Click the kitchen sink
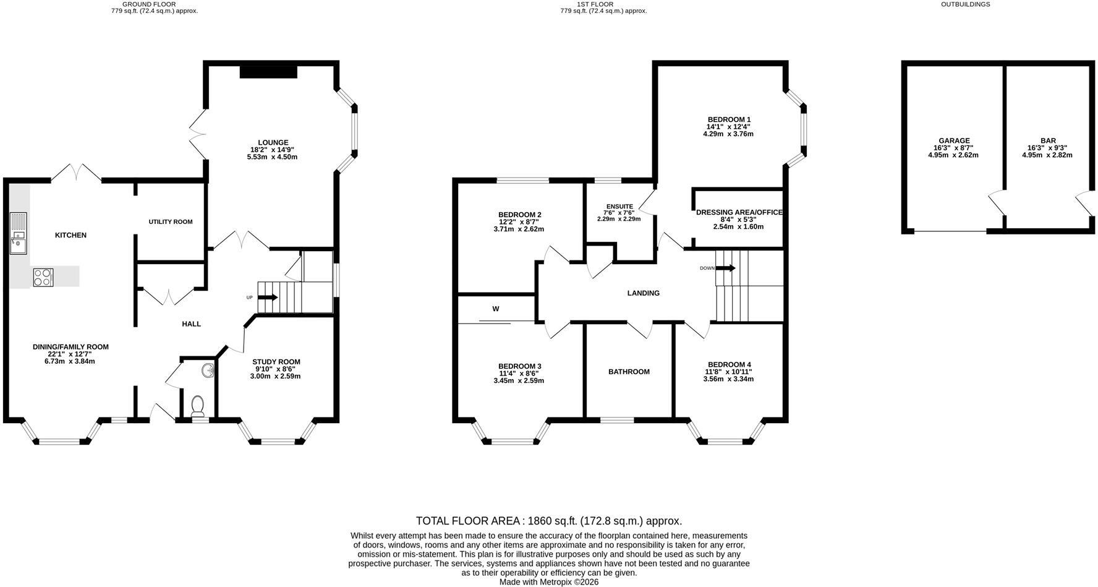click(x=19, y=233)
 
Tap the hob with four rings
click(x=43, y=276)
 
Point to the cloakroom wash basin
click(x=208, y=371)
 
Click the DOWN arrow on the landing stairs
click(x=725, y=268)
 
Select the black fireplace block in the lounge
click(x=268, y=72)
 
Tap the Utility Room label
click(x=171, y=221)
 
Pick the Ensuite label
click(x=619, y=206)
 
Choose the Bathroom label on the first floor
click(x=629, y=372)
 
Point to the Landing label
click(x=644, y=293)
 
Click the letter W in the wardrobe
click(x=496, y=309)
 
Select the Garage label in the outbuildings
click(x=954, y=140)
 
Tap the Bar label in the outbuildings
click(x=1048, y=140)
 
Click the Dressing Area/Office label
click(x=739, y=212)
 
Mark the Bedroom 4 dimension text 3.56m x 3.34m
click(x=730, y=379)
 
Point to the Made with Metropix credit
click(x=549, y=582)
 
